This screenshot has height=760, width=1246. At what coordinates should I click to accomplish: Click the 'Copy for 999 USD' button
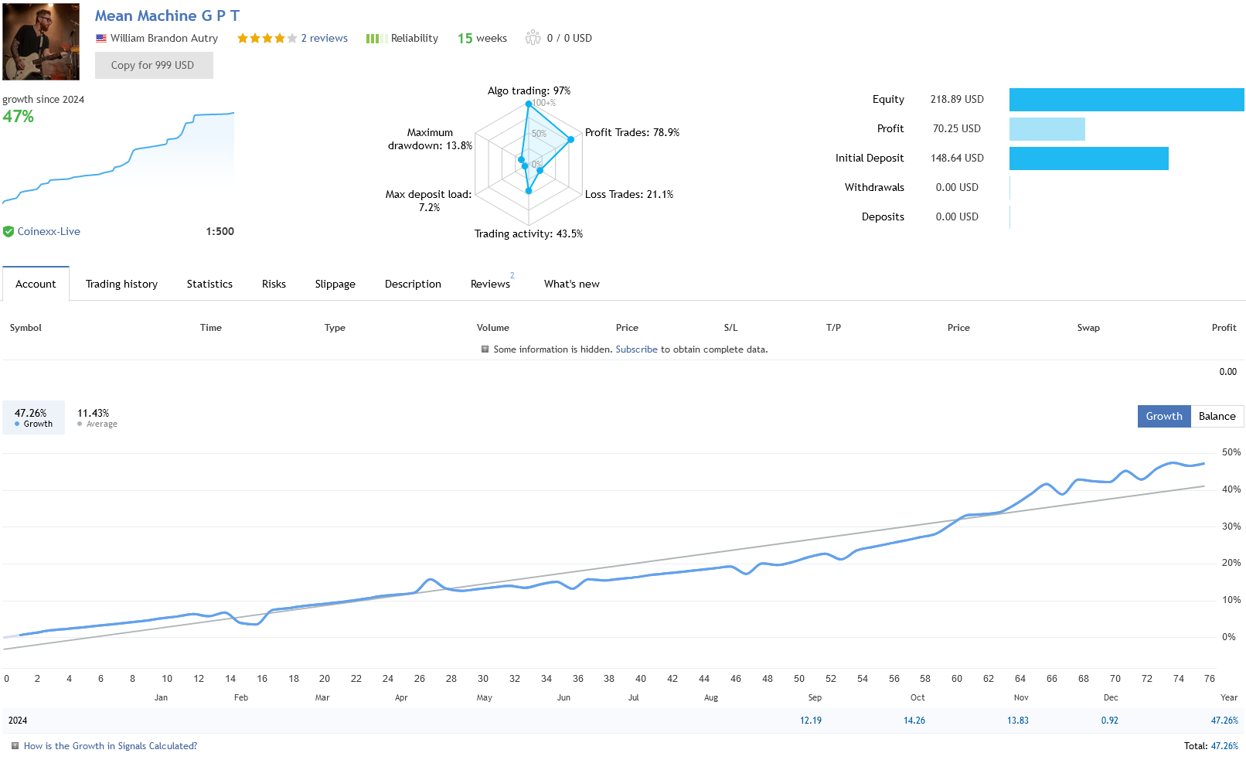153,66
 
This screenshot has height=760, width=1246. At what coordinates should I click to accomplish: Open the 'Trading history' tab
121,285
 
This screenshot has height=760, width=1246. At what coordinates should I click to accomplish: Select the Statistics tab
209,285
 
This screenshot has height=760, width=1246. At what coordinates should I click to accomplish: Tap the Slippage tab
335,285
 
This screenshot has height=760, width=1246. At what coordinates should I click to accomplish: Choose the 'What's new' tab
571,285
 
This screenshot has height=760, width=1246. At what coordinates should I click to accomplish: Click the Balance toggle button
1217,417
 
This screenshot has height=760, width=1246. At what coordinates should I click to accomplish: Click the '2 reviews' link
324,39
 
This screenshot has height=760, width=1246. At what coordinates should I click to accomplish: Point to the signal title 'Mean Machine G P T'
167,16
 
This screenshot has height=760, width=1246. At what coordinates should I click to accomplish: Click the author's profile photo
41,42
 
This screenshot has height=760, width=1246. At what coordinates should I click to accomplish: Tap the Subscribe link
636,349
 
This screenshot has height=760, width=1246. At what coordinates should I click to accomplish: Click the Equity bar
1126,100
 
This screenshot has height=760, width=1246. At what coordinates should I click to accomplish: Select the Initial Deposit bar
1088,158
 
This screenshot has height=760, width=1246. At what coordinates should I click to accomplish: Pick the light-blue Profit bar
1047,129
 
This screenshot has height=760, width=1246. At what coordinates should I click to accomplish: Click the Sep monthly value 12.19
810,721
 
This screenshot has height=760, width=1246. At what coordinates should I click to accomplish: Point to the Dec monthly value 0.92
1109,721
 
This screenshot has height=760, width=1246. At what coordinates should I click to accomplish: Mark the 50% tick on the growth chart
1231,452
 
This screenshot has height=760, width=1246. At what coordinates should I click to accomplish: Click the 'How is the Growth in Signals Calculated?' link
111,746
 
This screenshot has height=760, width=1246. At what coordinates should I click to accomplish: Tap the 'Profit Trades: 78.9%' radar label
632,133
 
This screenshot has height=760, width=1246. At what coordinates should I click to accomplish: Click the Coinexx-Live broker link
49,232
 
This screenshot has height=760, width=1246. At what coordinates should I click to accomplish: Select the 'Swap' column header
1088,328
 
